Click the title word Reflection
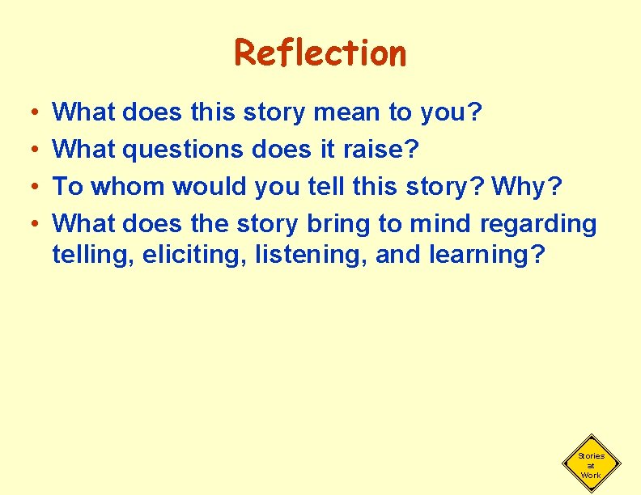click(320, 53)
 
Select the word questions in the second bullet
click(192, 150)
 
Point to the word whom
click(128, 186)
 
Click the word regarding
click(538, 223)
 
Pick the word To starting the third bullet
click(68, 186)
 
